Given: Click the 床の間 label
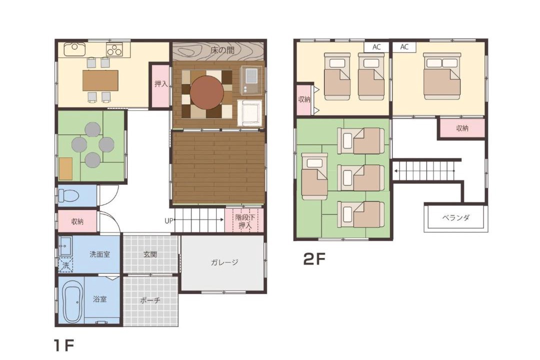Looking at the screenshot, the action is pyautogui.click(x=222, y=50).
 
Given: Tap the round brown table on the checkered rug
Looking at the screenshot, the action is pyautogui.click(x=207, y=92).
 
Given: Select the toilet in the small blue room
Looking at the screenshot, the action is pyautogui.click(x=68, y=196).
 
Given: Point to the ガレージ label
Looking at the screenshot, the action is pyautogui.click(x=224, y=262).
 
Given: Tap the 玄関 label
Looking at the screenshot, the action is pyautogui.click(x=150, y=254).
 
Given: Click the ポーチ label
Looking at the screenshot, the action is pyautogui.click(x=150, y=300).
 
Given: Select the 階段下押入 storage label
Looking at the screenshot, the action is pyautogui.click(x=245, y=221).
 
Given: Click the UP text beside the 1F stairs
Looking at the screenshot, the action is pyautogui.click(x=169, y=221).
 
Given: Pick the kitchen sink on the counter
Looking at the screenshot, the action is pyautogui.click(x=74, y=49).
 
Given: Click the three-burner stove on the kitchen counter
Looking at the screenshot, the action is pyautogui.click(x=114, y=49).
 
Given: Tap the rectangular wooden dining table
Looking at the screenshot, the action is pyautogui.click(x=100, y=80).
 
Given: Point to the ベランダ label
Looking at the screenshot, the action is pyautogui.click(x=455, y=217).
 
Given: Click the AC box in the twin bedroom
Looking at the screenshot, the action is pyautogui.click(x=376, y=47).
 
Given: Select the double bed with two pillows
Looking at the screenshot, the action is pyautogui.click(x=442, y=76).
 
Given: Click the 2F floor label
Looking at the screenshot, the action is pyautogui.click(x=314, y=259).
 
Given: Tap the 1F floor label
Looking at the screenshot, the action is pyautogui.click(x=63, y=345).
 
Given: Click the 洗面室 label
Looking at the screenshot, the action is pyautogui.click(x=100, y=254).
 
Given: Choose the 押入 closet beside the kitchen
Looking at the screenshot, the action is pyautogui.click(x=160, y=85).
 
